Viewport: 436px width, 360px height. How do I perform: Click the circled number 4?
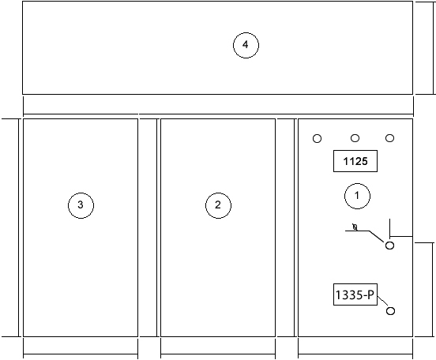(x=246, y=45)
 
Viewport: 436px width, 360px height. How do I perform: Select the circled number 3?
(x=81, y=205)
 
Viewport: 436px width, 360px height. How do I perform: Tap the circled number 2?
(x=218, y=205)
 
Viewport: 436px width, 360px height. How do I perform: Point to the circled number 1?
(x=357, y=196)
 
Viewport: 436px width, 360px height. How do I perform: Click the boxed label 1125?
(x=355, y=161)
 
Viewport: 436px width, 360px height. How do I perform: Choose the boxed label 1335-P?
(x=355, y=294)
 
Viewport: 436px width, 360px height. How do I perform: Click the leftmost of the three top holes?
(x=318, y=138)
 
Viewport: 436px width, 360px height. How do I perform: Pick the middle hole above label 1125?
(x=355, y=138)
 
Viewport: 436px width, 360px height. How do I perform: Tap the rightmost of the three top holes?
(x=390, y=138)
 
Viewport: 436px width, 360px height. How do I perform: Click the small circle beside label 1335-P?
(x=391, y=311)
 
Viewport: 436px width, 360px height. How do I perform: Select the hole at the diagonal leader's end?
(x=390, y=246)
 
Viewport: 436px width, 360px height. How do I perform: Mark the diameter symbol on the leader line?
(x=355, y=227)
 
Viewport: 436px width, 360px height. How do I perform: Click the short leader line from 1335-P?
(x=382, y=301)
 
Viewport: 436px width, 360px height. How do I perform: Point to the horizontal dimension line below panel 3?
(x=81, y=354)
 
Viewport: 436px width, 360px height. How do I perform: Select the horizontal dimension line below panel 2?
(x=218, y=354)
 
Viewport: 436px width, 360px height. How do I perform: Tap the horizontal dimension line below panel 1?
(x=355, y=354)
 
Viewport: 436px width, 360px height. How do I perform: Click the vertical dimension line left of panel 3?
(x=19, y=227)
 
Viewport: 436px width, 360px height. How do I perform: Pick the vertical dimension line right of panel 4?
(x=433, y=48)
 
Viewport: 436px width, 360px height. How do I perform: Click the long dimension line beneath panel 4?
(x=218, y=114)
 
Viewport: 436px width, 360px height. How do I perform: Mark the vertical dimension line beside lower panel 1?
(x=433, y=290)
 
